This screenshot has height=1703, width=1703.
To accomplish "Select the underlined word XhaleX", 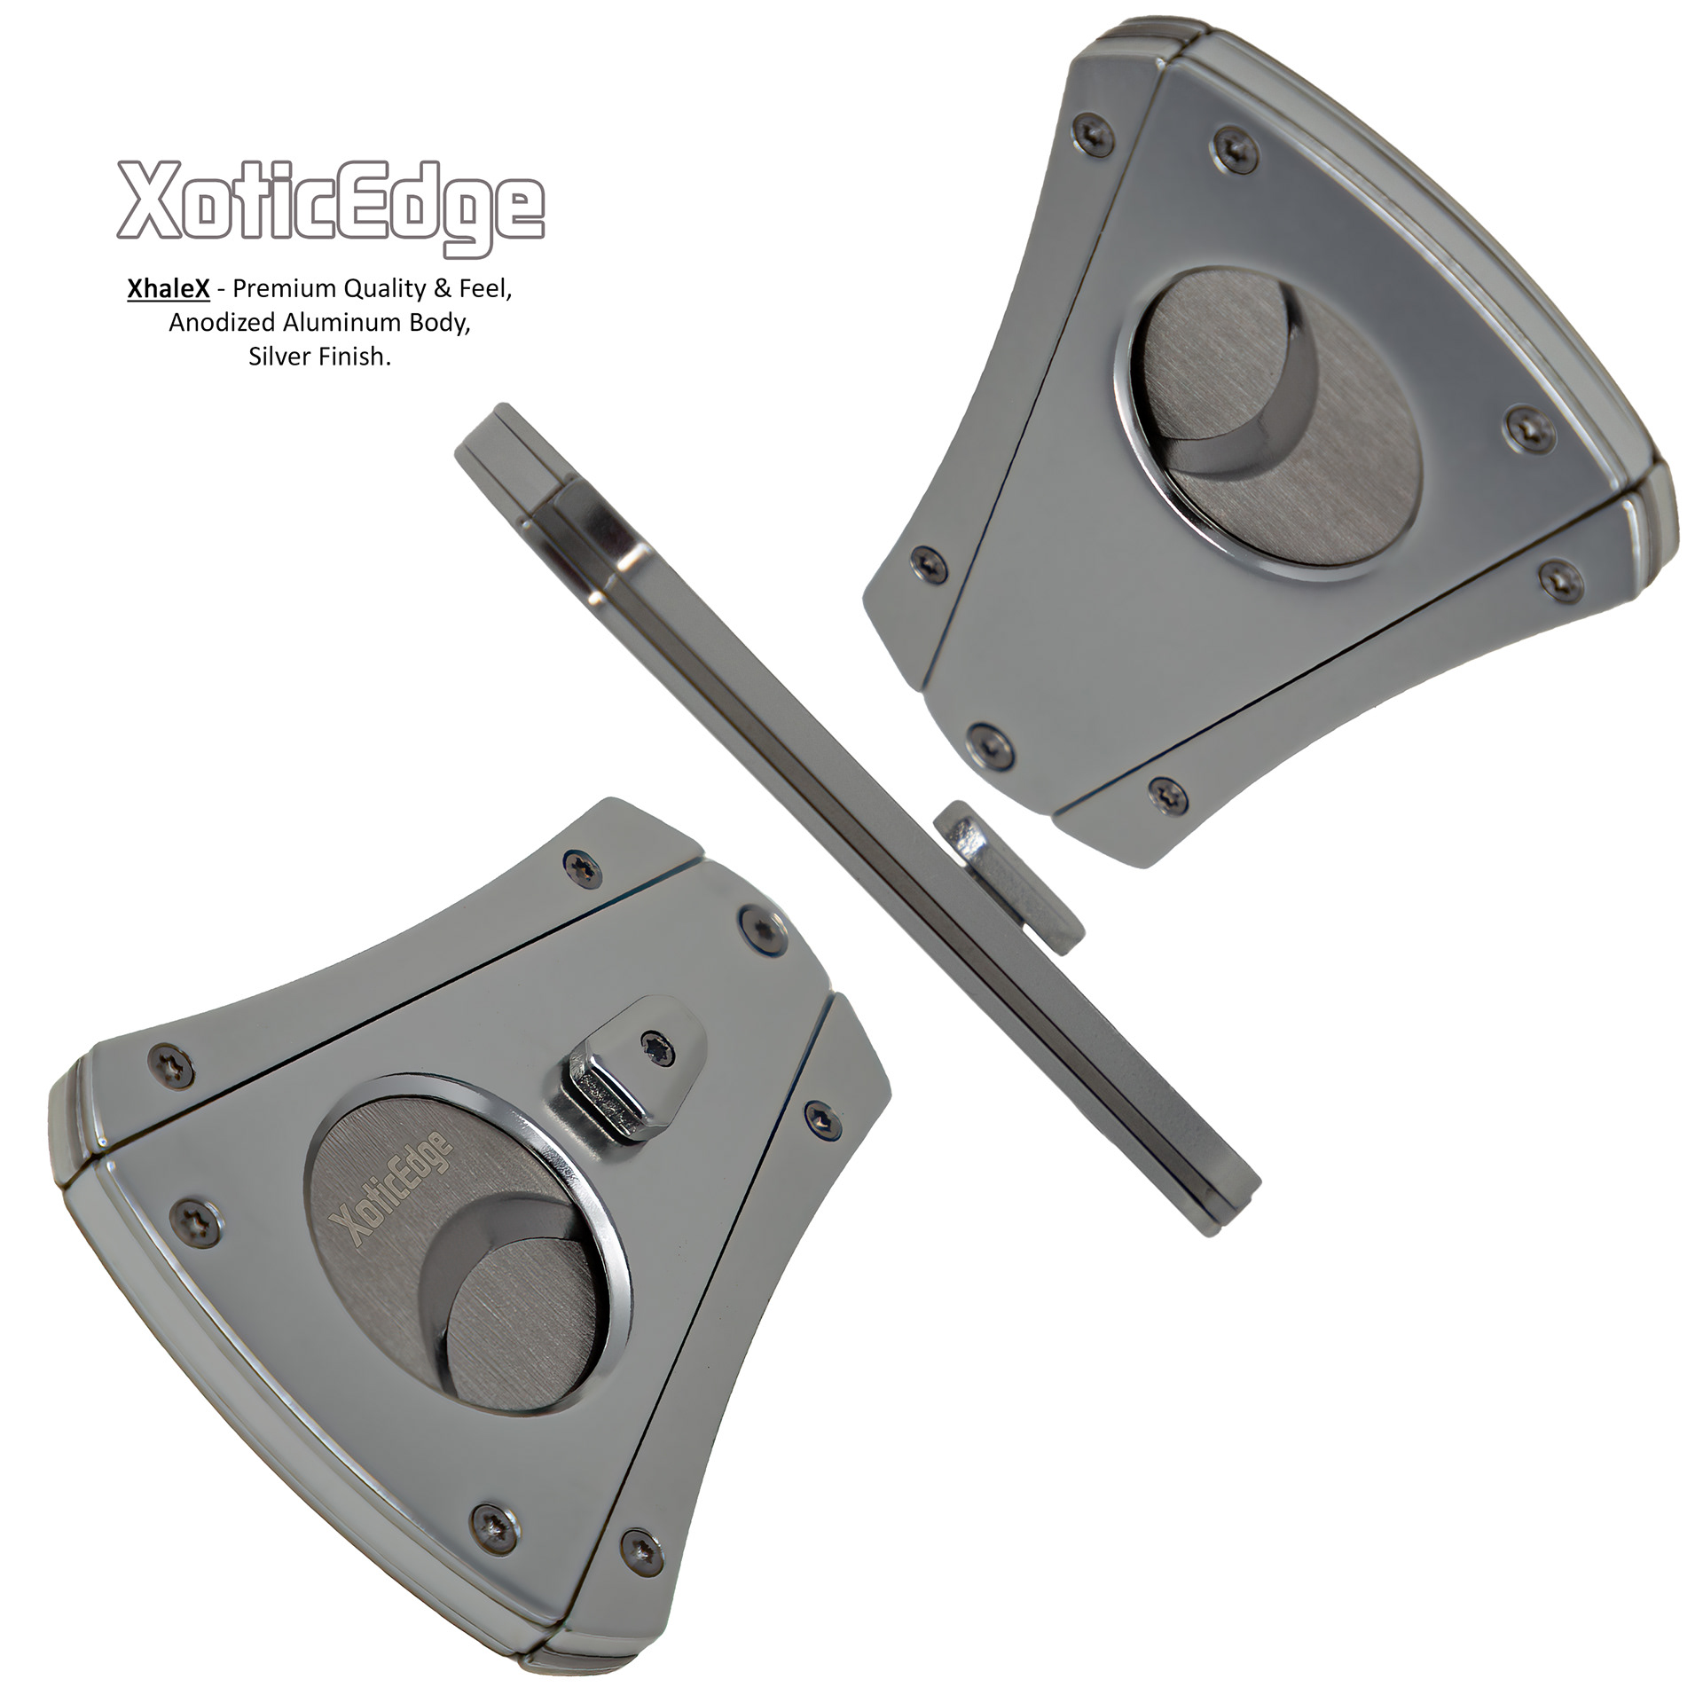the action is [x=168, y=288].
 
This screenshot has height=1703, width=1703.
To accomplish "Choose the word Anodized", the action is [x=223, y=322].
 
